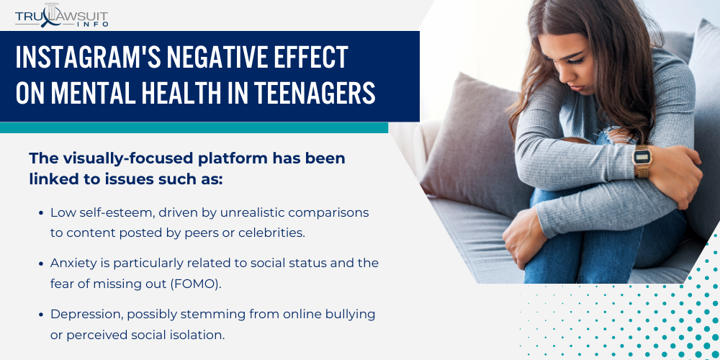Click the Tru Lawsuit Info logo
click(61, 16)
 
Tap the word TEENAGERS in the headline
click(315, 92)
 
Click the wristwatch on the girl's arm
click(642, 161)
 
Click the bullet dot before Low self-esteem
click(41, 213)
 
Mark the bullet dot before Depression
click(41, 315)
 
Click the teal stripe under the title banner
click(194, 127)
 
